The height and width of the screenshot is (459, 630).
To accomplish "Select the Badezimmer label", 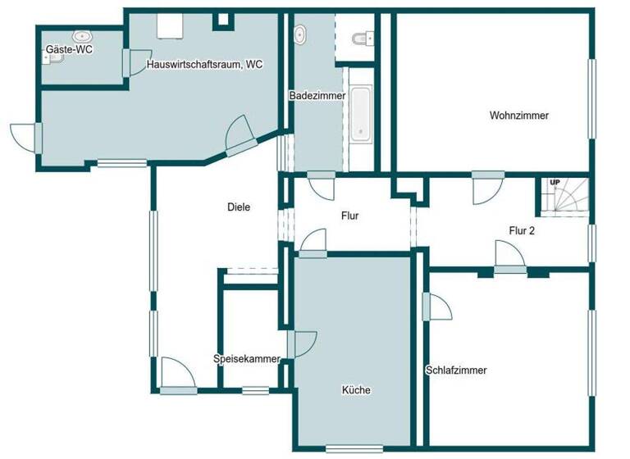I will click(317, 96).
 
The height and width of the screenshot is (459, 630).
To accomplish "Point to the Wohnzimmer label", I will click(518, 116).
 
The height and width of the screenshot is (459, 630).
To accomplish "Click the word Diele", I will click(239, 207).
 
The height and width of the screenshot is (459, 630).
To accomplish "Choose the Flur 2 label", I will click(522, 231).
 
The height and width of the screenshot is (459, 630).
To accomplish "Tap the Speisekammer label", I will click(246, 359).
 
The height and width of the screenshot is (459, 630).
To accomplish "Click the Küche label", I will click(356, 390).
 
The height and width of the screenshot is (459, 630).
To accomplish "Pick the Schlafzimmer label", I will click(456, 370).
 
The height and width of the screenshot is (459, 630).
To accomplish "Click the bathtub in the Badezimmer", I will click(360, 116).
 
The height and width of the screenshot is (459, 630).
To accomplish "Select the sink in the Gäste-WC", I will click(82, 36).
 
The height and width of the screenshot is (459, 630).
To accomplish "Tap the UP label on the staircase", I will click(555, 182).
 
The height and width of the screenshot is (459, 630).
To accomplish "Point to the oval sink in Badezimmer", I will click(299, 35).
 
